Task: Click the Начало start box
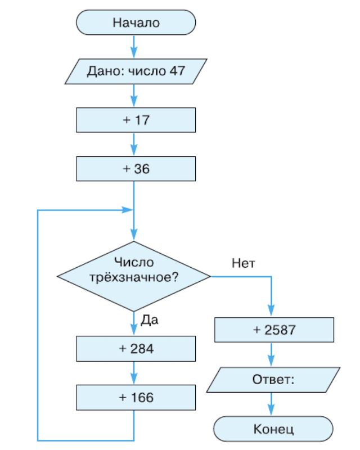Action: click(136, 24)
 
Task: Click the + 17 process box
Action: click(136, 120)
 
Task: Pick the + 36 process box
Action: click(136, 168)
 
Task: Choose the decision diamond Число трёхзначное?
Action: click(134, 276)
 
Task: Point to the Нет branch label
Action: click(243, 263)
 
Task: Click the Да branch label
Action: click(149, 321)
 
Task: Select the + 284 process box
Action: click(136, 349)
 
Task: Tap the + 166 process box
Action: click(136, 397)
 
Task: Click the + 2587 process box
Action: click(274, 330)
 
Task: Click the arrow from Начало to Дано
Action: click(134, 47)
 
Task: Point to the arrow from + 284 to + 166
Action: click(134, 373)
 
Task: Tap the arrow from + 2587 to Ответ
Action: click(272, 355)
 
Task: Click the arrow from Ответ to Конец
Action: click(272, 404)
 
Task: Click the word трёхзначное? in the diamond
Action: click(134, 277)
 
